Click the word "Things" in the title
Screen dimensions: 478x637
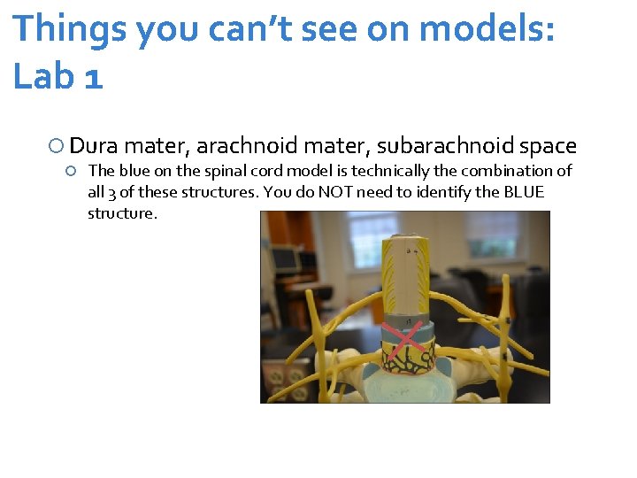(x=69, y=28)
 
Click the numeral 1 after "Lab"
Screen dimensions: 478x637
(x=94, y=76)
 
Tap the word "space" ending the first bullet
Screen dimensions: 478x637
(x=548, y=146)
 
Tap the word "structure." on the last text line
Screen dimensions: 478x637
(x=122, y=213)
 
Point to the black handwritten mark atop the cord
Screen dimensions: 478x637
(x=408, y=253)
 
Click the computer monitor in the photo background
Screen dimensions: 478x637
(x=285, y=258)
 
